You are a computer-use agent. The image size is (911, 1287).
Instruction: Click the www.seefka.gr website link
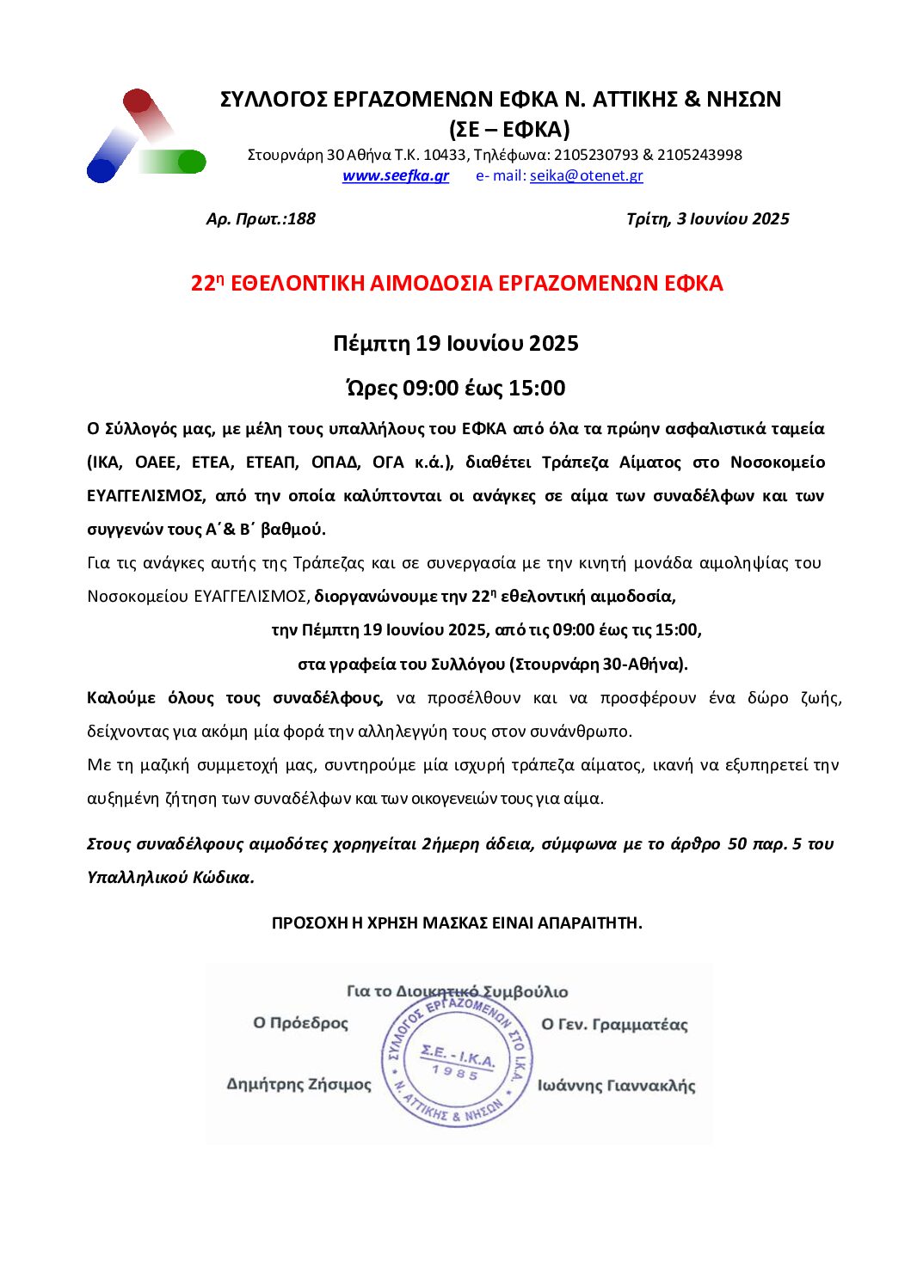click(x=395, y=175)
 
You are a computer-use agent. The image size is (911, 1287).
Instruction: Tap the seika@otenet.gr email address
click(x=586, y=175)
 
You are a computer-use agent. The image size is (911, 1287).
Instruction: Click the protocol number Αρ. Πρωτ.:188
click(x=261, y=218)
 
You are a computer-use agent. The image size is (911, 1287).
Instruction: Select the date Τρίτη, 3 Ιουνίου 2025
click(x=707, y=218)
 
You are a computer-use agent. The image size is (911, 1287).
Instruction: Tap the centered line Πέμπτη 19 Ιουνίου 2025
click(x=456, y=343)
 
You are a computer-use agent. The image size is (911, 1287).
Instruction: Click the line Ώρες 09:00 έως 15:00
click(x=456, y=388)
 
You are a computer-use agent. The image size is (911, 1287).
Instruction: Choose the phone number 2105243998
click(x=699, y=155)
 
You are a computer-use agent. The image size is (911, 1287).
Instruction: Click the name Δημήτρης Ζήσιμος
click(x=299, y=1084)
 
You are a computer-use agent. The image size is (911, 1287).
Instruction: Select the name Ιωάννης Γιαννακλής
click(x=616, y=1085)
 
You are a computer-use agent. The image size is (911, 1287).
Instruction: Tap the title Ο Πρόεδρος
click(x=300, y=1023)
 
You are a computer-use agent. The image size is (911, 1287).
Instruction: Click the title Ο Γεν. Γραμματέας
click(x=614, y=1024)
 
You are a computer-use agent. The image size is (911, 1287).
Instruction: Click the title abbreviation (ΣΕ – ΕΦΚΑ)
click(x=509, y=129)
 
